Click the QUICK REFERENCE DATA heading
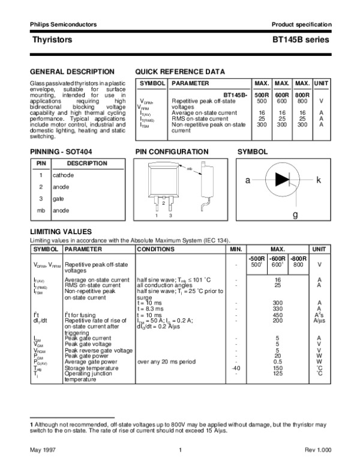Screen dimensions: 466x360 [180, 71]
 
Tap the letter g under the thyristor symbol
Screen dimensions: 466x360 [295, 214]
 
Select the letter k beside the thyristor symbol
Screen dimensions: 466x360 [319, 180]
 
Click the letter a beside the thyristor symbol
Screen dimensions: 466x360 [247, 180]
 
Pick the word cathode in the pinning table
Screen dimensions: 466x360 [63, 175]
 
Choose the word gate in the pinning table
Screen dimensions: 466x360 [58, 198]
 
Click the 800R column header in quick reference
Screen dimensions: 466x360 [303, 95]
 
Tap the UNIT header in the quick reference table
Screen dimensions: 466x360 [322, 83]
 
